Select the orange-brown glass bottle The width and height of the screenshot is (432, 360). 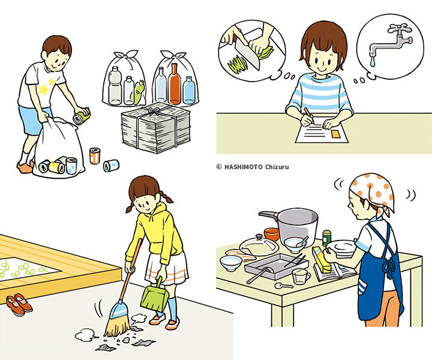tap(175, 84)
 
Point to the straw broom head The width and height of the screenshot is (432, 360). tap(118, 319)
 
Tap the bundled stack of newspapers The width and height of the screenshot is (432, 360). tap(156, 127)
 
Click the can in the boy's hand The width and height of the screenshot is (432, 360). tap(82, 116)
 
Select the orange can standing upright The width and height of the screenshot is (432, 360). tap(95, 156)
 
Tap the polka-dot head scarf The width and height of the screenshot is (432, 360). tap(373, 192)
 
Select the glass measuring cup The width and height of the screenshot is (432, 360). tap(301, 276)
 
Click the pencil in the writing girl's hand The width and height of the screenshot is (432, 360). tap(309, 115)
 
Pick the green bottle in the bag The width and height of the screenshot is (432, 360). tap(139, 92)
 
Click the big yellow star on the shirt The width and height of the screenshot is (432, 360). tap(44, 89)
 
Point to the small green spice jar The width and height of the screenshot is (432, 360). tap(327, 238)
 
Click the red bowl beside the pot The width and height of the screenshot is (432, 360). tap(272, 234)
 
